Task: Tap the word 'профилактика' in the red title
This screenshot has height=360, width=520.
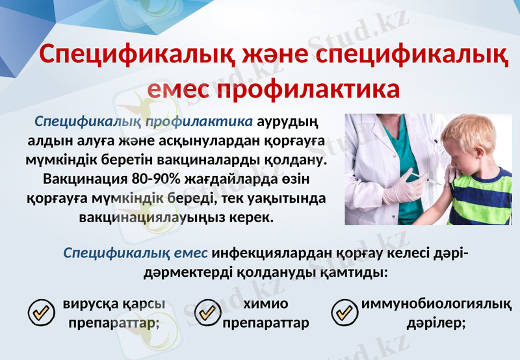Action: (307, 88)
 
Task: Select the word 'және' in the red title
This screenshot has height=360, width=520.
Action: (240, 53)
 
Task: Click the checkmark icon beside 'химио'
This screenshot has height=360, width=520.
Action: (208, 313)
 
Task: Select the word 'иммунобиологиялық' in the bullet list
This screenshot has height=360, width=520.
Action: (434, 304)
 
